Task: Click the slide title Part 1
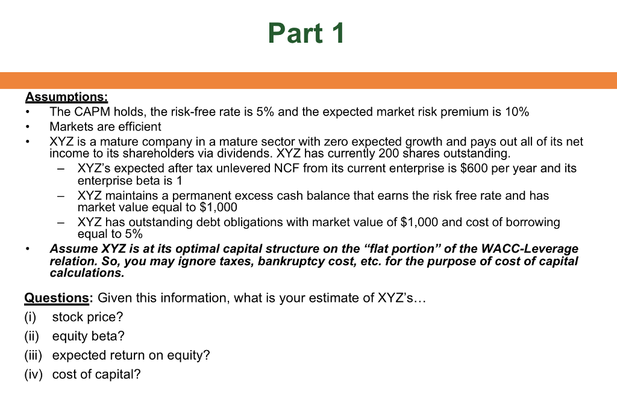click(306, 33)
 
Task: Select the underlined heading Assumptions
click(66, 97)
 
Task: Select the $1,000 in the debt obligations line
click(419, 222)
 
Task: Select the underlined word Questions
click(57, 298)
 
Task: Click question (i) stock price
click(87, 316)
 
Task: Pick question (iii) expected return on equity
click(131, 355)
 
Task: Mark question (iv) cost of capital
click(96, 374)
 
